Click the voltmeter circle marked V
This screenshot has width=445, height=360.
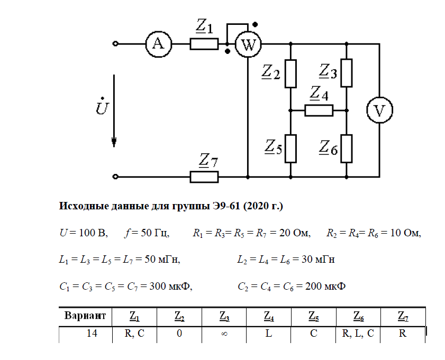[380, 110]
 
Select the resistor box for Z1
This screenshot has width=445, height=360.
[204, 44]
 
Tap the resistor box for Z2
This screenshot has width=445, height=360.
[291, 73]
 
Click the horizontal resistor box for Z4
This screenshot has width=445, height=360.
[319, 110]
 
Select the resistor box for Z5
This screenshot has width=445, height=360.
[291, 149]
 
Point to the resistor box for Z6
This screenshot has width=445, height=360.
[347, 149]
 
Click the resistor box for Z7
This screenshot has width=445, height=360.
[204, 177]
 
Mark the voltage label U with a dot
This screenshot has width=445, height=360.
[102, 108]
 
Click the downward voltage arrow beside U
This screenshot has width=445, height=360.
[114, 111]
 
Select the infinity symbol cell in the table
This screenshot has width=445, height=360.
[224, 334]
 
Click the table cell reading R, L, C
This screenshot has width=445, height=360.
[358, 334]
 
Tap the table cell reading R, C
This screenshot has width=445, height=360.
[134, 334]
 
